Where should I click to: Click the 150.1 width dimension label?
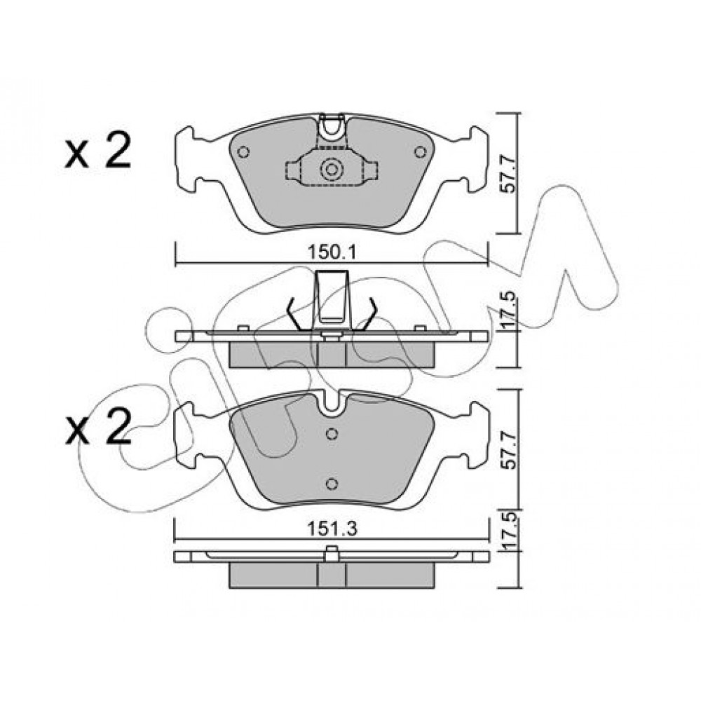332,254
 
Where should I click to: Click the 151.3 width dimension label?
332,529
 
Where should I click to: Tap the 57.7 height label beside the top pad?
508,174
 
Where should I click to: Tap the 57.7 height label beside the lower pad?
508,450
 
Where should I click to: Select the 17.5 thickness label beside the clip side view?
508,311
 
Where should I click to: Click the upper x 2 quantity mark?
98,151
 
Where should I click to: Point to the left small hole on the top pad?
243,152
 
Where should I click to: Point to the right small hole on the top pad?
420,152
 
